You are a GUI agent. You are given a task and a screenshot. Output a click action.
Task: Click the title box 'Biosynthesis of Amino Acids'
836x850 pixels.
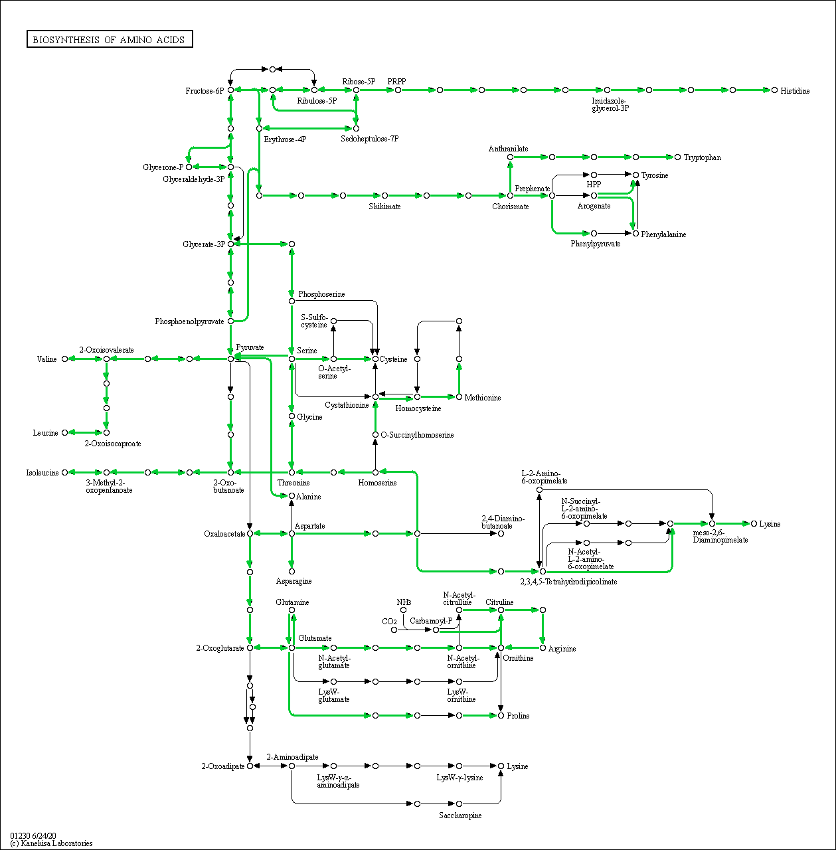[x=110, y=39]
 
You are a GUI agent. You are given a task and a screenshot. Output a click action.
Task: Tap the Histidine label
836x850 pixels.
[x=795, y=91]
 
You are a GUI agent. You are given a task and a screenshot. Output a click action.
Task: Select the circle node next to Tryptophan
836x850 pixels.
[x=677, y=157]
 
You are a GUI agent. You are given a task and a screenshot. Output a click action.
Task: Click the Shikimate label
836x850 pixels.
[x=384, y=207]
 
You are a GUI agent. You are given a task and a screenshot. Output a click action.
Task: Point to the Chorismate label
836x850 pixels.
[x=511, y=207]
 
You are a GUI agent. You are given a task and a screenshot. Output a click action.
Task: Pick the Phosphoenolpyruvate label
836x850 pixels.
[x=189, y=321]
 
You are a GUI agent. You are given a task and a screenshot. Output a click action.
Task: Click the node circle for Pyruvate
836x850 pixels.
[x=230, y=359]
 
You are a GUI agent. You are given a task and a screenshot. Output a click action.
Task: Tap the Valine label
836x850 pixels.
[x=46, y=359]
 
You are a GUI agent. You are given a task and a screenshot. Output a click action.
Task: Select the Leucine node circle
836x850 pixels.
[x=65, y=433]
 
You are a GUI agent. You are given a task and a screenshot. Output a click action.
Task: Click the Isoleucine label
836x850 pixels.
[x=42, y=473]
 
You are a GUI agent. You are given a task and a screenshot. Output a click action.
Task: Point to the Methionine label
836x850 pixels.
[x=483, y=398]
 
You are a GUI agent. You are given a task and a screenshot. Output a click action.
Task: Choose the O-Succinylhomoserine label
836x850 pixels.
[x=418, y=435]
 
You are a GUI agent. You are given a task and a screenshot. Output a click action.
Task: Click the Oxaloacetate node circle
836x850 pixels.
[x=250, y=534]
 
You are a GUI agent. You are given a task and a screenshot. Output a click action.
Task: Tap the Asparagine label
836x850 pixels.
[x=293, y=581]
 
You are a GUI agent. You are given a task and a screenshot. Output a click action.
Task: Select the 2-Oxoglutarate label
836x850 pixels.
[x=220, y=648]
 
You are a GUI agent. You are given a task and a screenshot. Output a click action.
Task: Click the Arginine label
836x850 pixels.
[x=562, y=649]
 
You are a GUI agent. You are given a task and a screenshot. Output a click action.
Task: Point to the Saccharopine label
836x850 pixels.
[x=460, y=815]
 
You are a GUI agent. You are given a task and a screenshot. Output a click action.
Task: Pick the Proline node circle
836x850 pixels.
[x=501, y=715]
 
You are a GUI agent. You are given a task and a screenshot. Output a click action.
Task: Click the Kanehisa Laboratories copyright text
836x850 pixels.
[x=51, y=843]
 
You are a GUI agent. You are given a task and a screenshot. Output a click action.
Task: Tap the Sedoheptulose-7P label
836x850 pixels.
[x=370, y=139]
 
